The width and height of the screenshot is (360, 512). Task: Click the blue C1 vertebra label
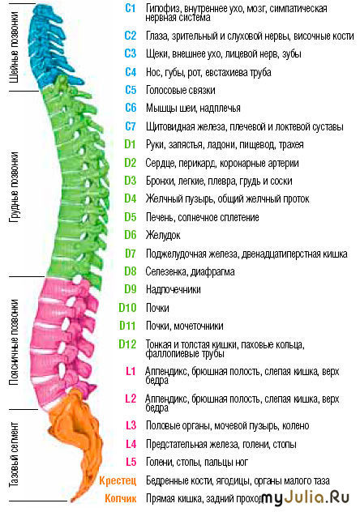pyautogui.click(x=130, y=8)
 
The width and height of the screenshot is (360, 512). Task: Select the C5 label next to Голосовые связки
pyautogui.click(x=131, y=90)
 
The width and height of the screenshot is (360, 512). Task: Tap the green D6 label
pyautogui.click(x=130, y=235)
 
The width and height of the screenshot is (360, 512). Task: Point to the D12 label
pyautogui.click(x=127, y=343)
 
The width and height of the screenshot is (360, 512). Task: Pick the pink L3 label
pyautogui.click(x=131, y=425)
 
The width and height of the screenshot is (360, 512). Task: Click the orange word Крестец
pyautogui.click(x=118, y=480)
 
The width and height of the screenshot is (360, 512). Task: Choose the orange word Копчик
pyautogui.click(x=120, y=498)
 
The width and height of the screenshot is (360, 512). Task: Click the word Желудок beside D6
pyautogui.click(x=163, y=235)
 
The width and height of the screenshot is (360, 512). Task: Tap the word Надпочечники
pyautogui.click(x=174, y=289)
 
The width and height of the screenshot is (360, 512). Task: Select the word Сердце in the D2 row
pyautogui.click(x=161, y=163)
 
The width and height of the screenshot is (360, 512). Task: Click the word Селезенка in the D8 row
pyautogui.click(x=166, y=271)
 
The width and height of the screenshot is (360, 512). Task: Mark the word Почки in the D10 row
pyautogui.click(x=157, y=308)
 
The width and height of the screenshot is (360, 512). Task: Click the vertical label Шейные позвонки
pyautogui.click(x=14, y=47)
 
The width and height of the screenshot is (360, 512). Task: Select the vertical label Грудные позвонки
pyautogui.click(x=14, y=187)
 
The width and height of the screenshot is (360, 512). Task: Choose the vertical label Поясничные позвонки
pyautogui.click(x=14, y=342)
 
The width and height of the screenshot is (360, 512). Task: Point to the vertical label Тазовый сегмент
pyautogui.click(x=14, y=454)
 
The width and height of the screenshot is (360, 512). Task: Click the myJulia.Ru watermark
pyautogui.click(x=306, y=497)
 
